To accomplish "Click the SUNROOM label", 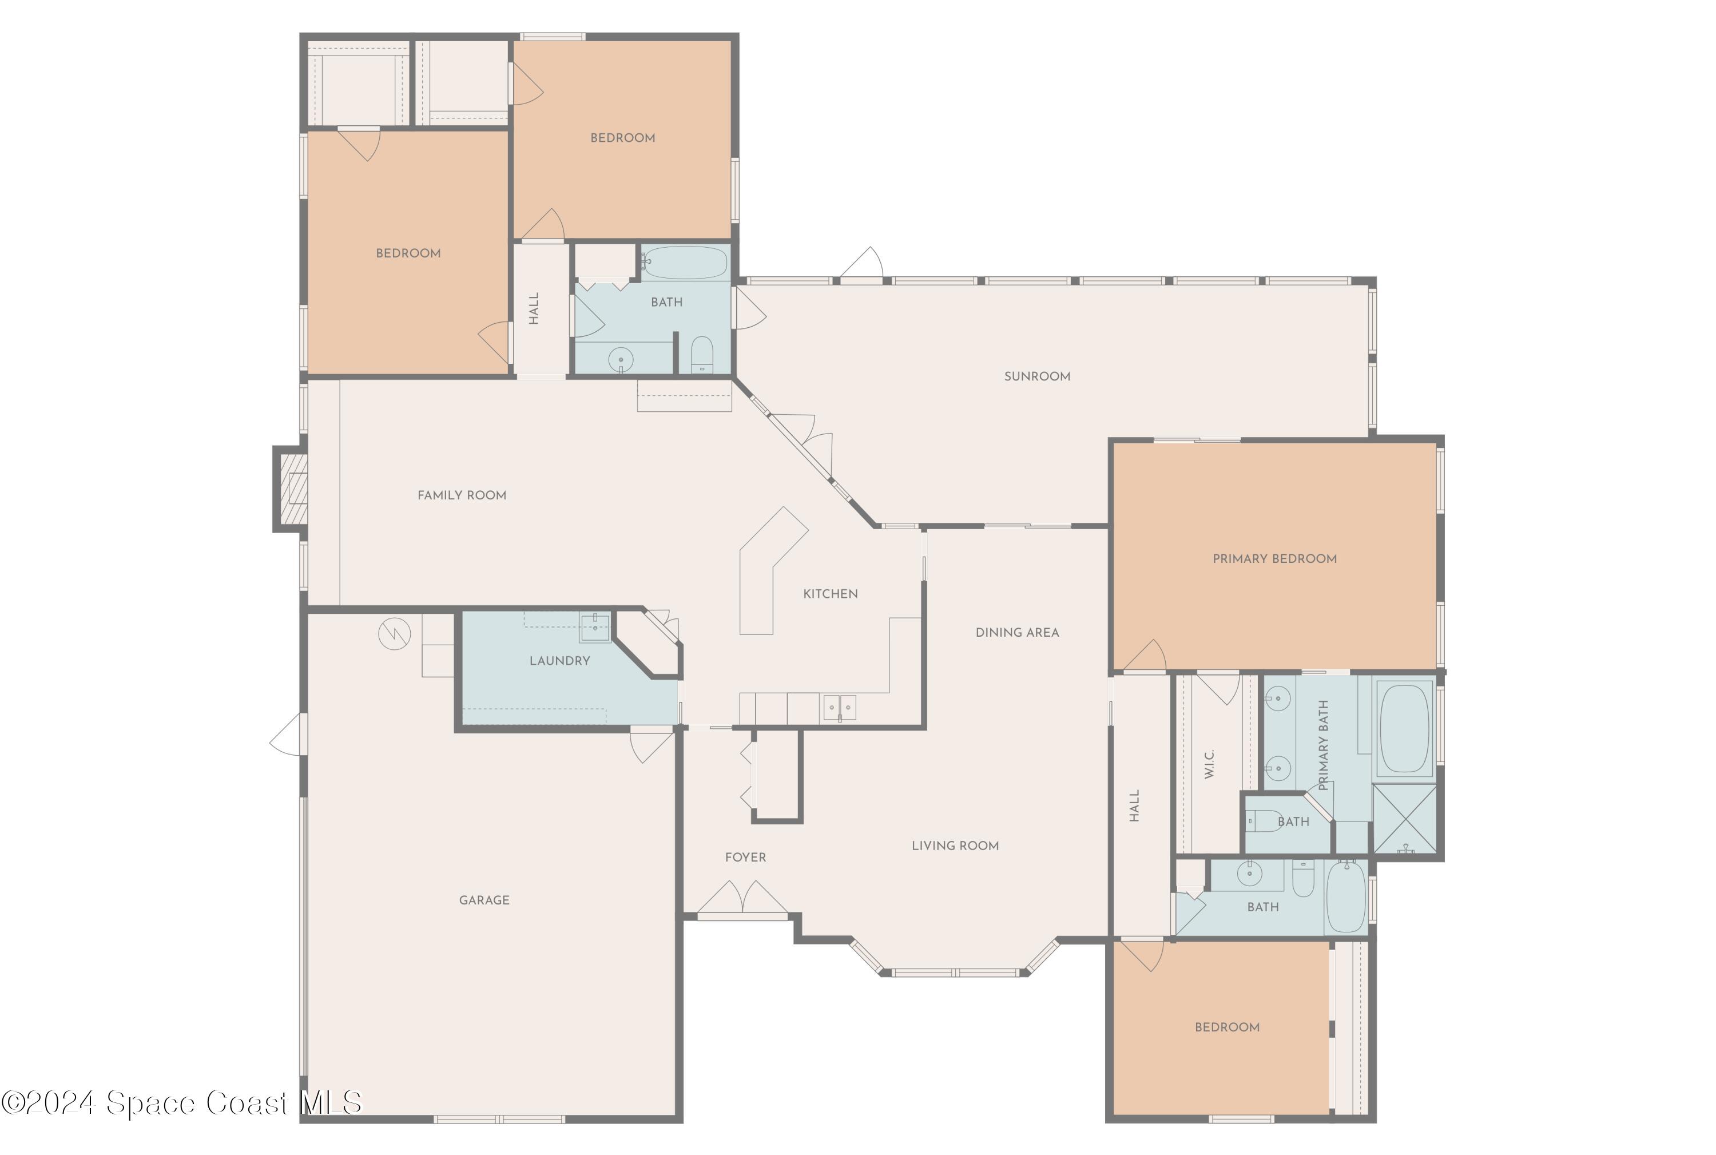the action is pos(1037,376).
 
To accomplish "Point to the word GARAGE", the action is pos(484,900).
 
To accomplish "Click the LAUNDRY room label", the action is pos(560,661).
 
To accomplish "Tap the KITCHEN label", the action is pos(830,594).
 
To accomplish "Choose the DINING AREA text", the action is pos(1017,633).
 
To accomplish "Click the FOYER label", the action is pos(745,858).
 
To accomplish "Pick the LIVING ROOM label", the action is pos(955,846).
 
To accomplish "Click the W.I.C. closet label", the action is pos(1209,764).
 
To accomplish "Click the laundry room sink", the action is pos(594,628).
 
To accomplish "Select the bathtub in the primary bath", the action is pos(1404,728).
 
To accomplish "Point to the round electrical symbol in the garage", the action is pos(394,633).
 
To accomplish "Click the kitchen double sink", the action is pos(840,708).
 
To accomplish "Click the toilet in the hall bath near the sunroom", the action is pos(702,356).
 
